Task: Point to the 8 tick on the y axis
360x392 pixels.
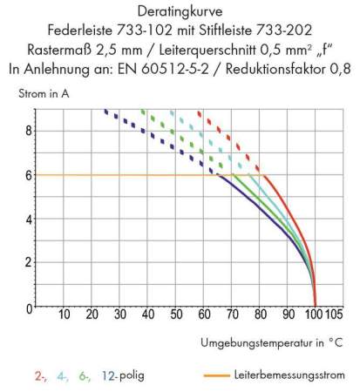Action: (27, 130)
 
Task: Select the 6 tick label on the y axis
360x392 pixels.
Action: (27, 174)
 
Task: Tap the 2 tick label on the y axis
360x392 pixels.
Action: (27, 262)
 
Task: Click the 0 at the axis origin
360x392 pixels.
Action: (27, 307)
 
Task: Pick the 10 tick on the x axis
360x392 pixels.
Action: (64, 314)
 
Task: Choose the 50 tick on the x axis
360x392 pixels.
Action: (176, 314)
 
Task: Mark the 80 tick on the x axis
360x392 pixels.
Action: (260, 314)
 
